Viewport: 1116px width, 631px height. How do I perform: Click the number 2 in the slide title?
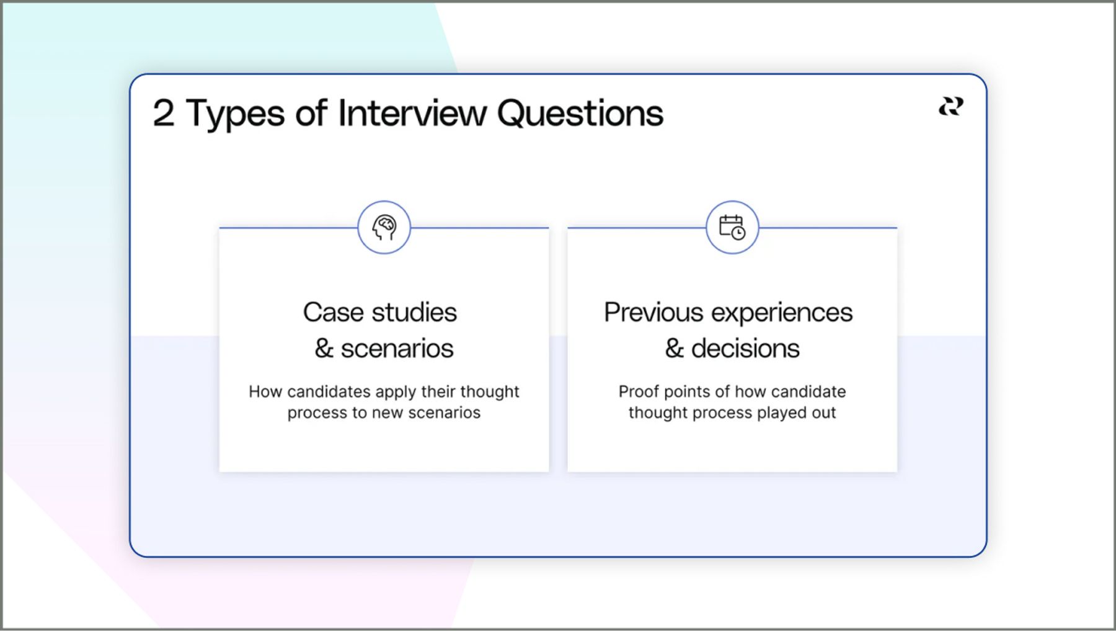click(x=164, y=113)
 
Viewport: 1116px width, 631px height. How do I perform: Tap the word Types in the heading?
click(x=235, y=115)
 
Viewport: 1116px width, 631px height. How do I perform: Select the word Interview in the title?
click(x=412, y=113)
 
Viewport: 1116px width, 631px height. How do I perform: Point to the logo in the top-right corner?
click(x=951, y=107)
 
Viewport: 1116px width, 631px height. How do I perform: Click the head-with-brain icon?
click(x=384, y=227)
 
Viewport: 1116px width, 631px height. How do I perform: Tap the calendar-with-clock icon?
click(x=732, y=227)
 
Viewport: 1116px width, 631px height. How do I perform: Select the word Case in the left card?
click(x=333, y=312)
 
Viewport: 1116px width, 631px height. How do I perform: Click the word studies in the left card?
click(x=414, y=312)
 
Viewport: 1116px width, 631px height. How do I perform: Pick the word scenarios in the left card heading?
click(x=397, y=349)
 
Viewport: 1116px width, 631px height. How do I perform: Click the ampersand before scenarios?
click(x=324, y=349)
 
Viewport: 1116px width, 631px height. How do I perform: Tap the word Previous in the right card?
click(x=653, y=312)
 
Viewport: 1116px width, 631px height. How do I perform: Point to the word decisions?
click(x=745, y=349)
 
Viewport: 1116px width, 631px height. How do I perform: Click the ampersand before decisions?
click(x=675, y=349)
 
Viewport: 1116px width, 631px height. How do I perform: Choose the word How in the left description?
click(x=265, y=392)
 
